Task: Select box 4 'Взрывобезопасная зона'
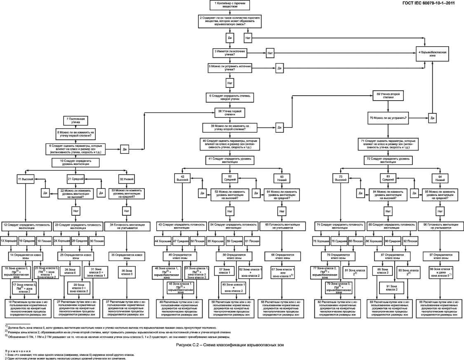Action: pos(432,55)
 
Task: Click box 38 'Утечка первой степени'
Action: pos(230,112)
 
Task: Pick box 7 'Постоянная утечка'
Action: pos(75,120)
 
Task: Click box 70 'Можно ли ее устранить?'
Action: pos(388,118)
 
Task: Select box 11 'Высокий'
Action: pos(25,180)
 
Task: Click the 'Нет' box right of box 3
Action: pos(270,53)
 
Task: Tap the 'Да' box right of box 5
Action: pos(279,68)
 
